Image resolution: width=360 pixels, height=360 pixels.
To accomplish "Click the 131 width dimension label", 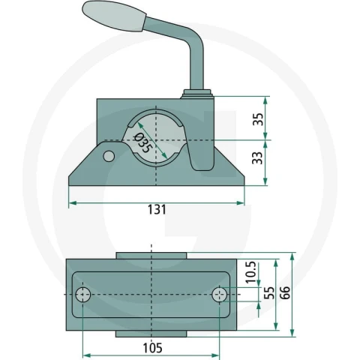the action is [x=157, y=209].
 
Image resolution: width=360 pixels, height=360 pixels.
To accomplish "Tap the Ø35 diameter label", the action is [x=142, y=143].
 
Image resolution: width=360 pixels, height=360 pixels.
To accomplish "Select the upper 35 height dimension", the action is [x=259, y=119].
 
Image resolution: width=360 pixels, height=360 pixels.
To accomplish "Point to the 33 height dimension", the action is [x=258, y=158].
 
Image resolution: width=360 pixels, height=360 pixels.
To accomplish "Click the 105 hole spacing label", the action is [x=152, y=348].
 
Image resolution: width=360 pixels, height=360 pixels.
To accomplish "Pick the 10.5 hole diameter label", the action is [x=251, y=272].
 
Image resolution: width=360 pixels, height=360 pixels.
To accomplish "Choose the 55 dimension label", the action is [x=269, y=293].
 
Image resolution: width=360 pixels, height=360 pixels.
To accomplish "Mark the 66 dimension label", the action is [x=285, y=292].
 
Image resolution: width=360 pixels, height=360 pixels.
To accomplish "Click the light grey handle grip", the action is [x=113, y=16].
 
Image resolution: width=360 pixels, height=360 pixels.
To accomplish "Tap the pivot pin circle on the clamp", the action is [x=109, y=156].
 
